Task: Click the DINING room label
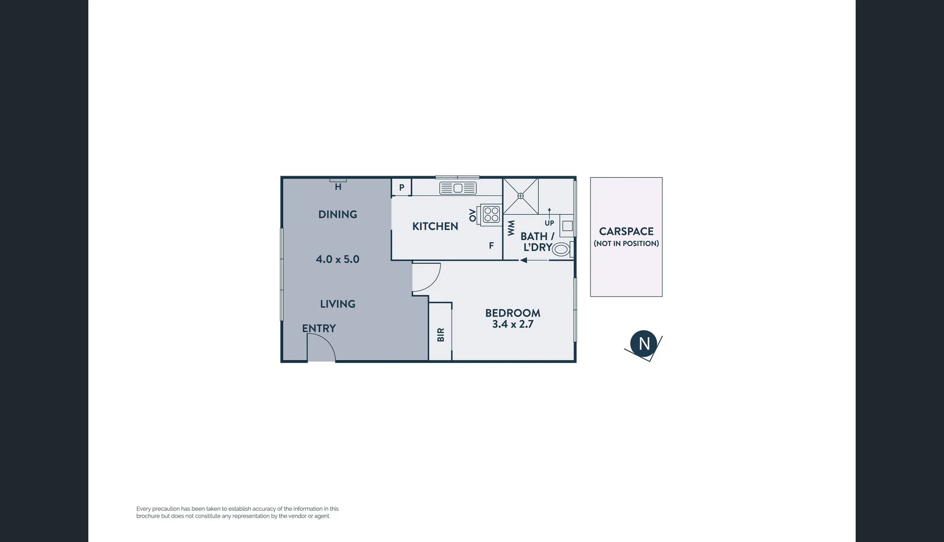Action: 337,214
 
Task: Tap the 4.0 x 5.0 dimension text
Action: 337,259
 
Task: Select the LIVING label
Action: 337,304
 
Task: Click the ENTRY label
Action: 319,328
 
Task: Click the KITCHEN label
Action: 435,226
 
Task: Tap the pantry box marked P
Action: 402,188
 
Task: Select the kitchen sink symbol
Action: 457,188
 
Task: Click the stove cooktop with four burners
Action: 491,214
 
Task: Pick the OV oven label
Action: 473,215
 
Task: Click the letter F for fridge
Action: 491,246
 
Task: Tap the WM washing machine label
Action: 511,228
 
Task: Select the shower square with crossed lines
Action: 521,196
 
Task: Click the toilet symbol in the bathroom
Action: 561,248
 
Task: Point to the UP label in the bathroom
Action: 549,223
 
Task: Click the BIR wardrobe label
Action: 441,335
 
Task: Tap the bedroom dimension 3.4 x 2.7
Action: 512,324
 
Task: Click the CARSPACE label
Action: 626,231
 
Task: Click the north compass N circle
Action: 644,344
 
